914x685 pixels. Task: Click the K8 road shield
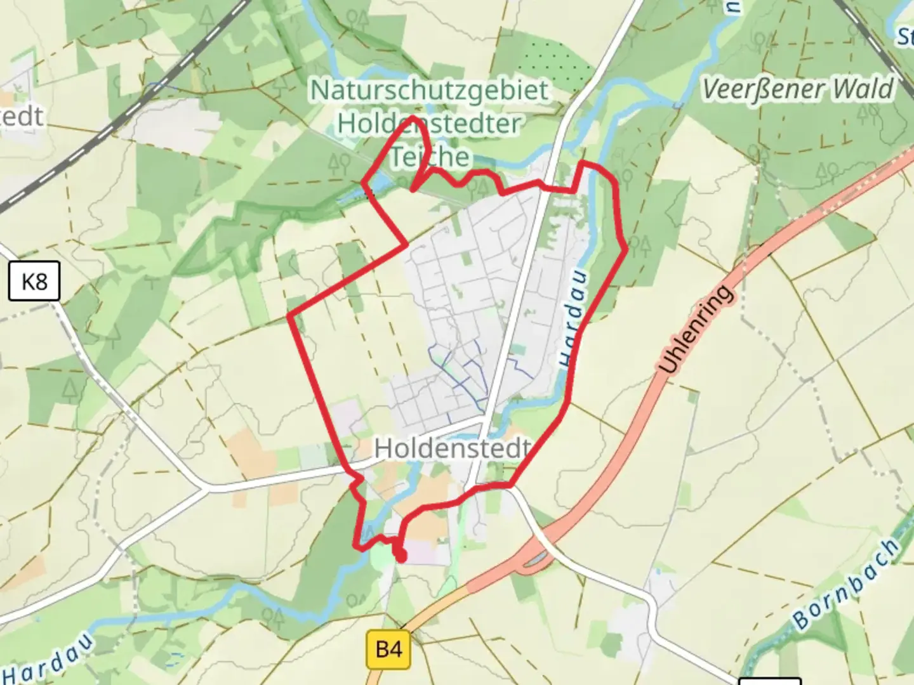34,281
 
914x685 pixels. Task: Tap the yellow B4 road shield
388,649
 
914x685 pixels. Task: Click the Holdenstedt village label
452,448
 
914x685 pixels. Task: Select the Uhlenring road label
696,330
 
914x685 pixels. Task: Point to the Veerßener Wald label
798,89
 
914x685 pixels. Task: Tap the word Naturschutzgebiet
429,90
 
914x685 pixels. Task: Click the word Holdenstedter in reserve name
429,123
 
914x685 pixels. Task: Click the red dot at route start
401,557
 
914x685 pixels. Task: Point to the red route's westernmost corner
289,315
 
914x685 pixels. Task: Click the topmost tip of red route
413,118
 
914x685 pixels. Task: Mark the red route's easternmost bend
626,249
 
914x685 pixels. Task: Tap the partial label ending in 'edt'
22,117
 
